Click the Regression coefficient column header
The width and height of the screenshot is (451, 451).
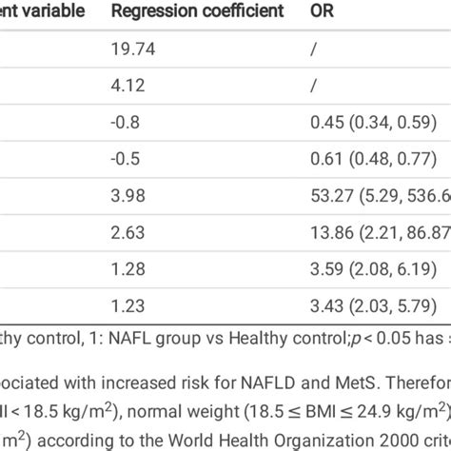point(197,11)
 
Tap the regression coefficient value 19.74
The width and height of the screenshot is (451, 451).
point(130,56)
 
